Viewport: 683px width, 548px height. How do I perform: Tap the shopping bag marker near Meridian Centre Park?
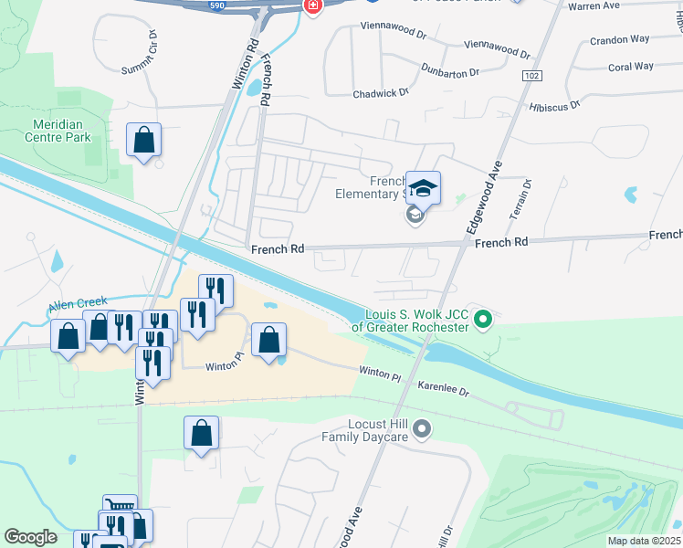coord(144,141)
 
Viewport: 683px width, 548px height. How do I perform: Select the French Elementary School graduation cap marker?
coord(423,189)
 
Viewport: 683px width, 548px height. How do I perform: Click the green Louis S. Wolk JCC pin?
coord(485,319)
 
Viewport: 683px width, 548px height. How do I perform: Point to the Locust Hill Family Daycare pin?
coord(422,427)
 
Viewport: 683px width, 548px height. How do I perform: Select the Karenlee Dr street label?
coord(443,388)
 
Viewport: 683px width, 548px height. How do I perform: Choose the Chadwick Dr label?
coord(381,93)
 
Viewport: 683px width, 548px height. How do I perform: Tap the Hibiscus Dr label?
coord(554,106)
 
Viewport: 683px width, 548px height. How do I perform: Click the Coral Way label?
coord(631,67)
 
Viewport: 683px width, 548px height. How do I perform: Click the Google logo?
coord(30,537)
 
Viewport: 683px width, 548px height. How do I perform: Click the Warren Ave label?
coord(622,6)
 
